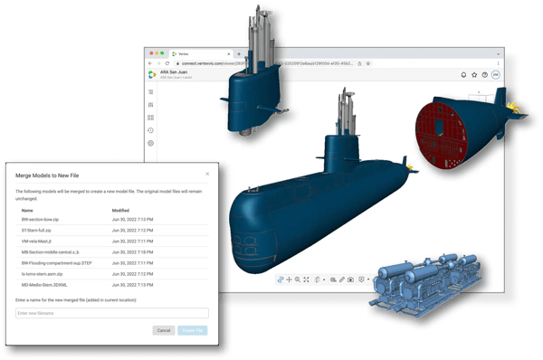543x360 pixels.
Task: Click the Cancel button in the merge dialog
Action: pyautogui.click(x=163, y=331)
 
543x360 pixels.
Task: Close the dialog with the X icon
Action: pyautogui.click(x=207, y=173)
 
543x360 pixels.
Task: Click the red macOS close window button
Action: pyautogui.click(x=149, y=54)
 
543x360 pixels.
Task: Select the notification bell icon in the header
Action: pyautogui.click(x=463, y=76)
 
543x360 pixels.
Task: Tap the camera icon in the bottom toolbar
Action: pyautogui.click(x=350, y=279)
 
